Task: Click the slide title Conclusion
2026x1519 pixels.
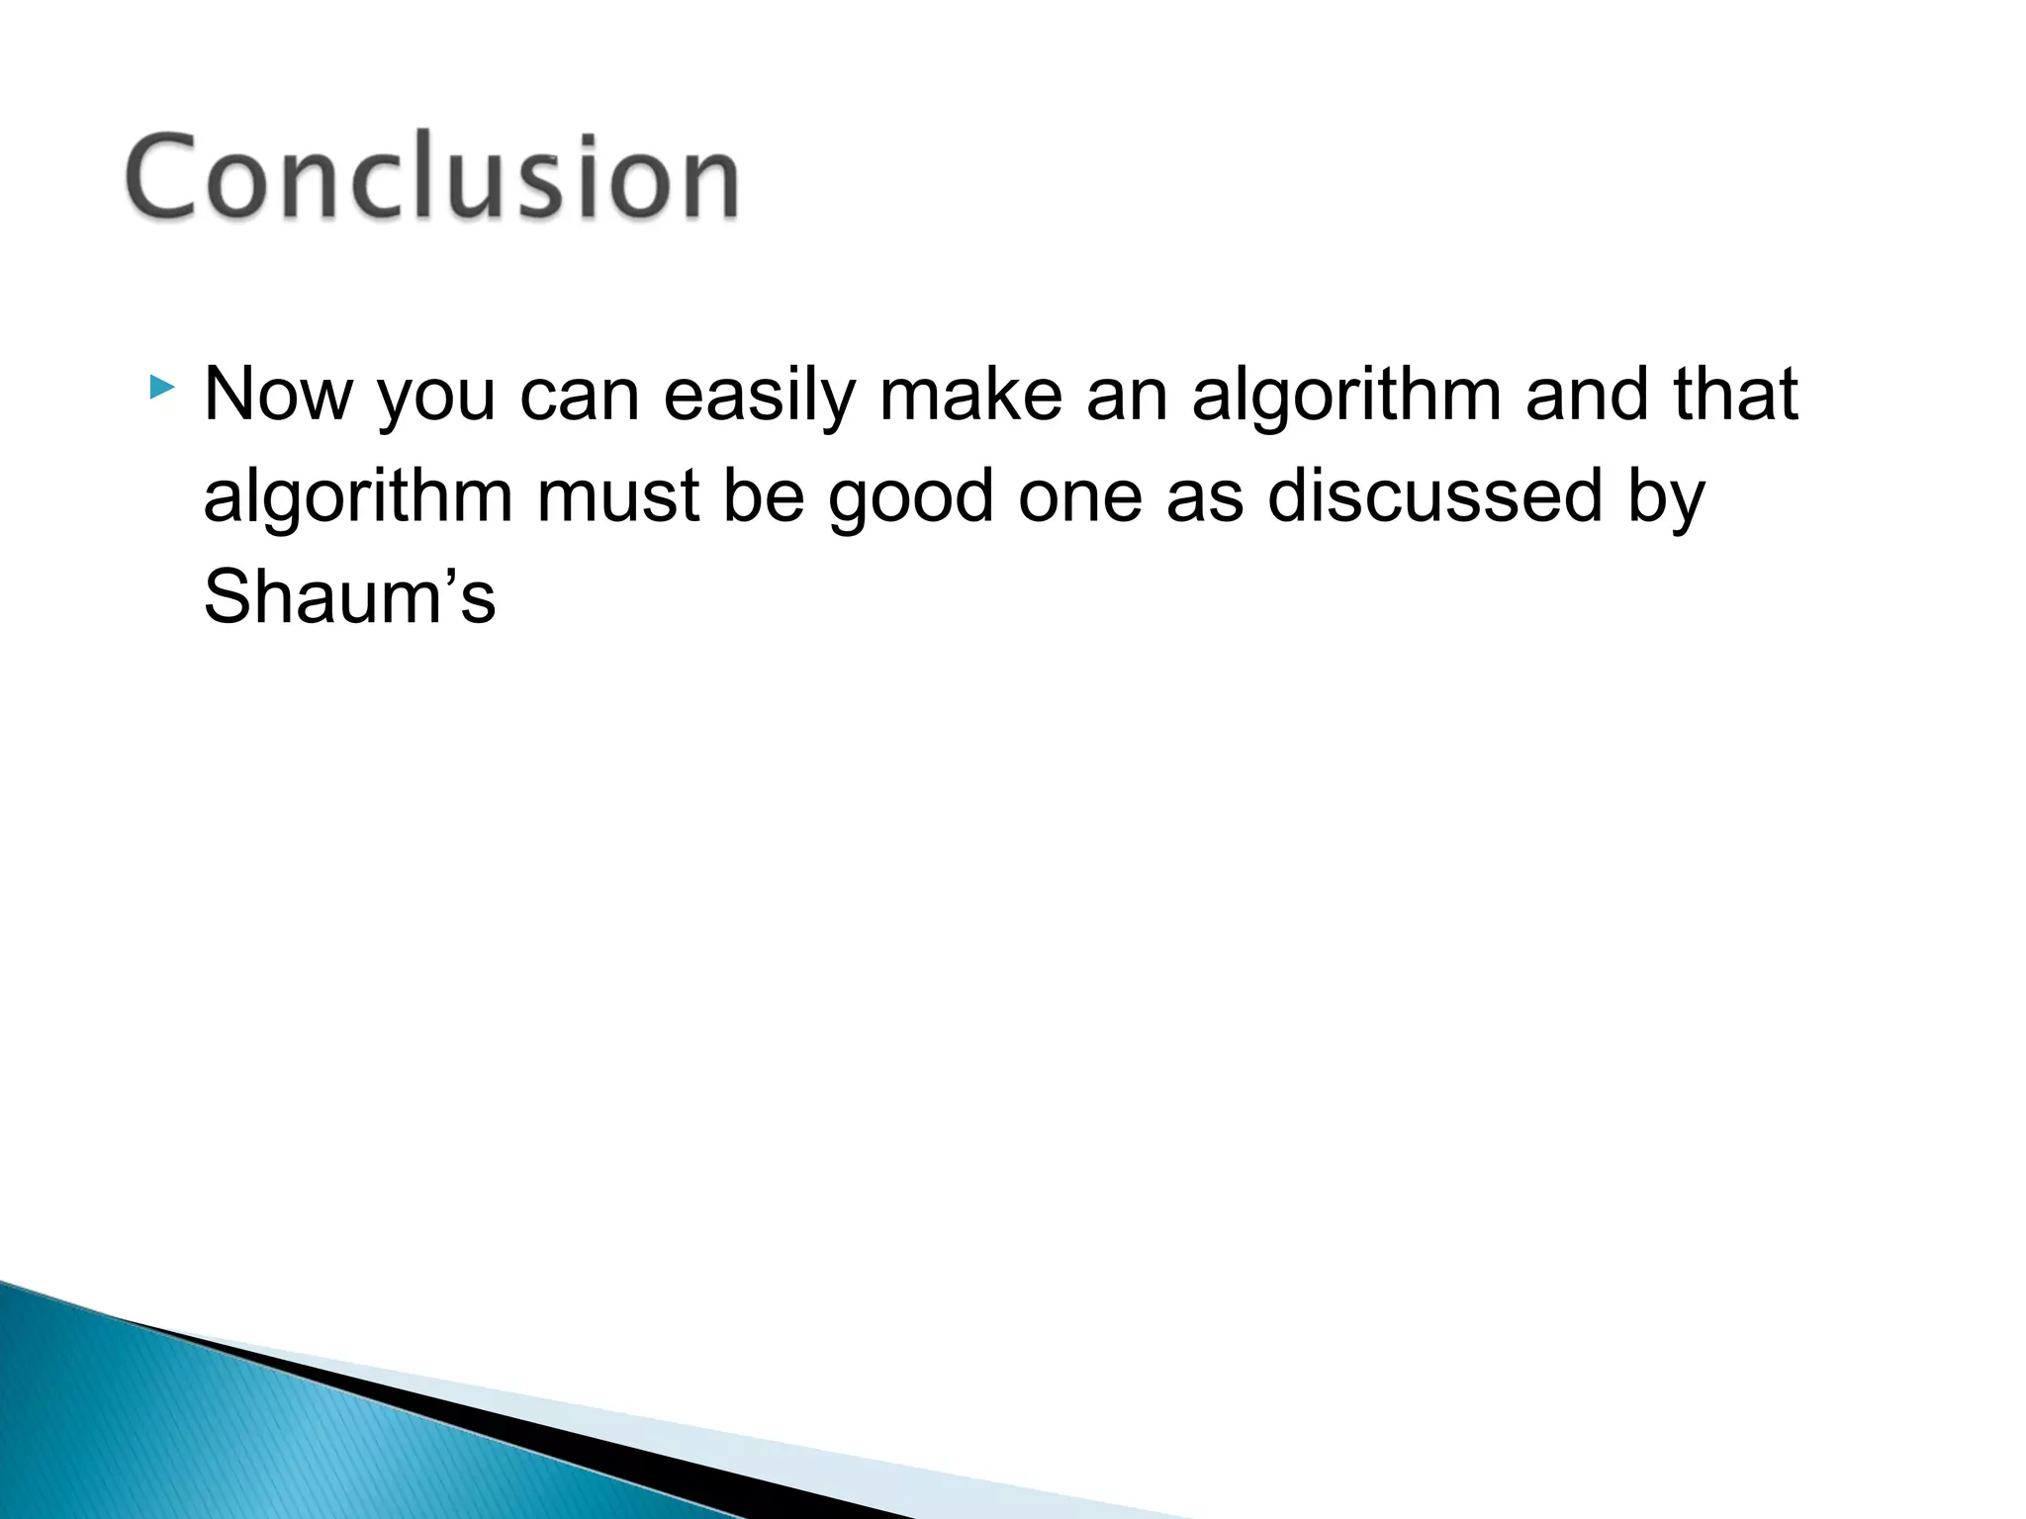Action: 432,177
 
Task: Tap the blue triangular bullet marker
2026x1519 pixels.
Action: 162,387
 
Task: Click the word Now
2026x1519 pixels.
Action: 278,395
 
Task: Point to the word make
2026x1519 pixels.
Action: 970,395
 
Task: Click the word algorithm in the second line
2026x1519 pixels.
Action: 358,497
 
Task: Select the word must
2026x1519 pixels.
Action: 618,497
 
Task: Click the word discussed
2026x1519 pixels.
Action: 1434,495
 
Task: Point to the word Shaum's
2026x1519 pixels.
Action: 349,597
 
